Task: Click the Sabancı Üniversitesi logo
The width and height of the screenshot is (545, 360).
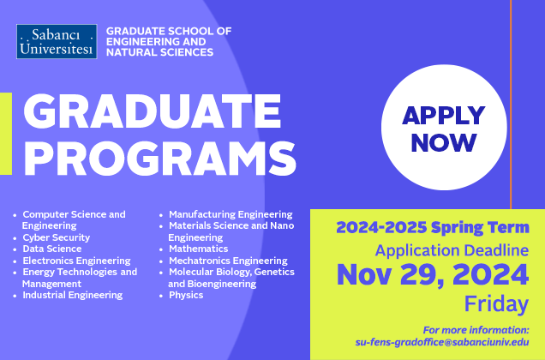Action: [x=57, y=41]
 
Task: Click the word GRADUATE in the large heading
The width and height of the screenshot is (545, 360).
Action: [x=145, y=112]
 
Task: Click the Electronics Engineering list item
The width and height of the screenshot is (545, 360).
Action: [x=76, y=261]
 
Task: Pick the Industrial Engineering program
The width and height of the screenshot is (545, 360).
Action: [x=72, y=295]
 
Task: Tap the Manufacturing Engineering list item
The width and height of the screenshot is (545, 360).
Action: [x=231, y=214]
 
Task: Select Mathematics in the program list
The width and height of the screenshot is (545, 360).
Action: [x=198, y=249]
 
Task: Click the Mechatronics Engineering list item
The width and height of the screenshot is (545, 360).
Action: [x=228, y=261]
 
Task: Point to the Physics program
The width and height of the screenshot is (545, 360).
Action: [x=186, y=295]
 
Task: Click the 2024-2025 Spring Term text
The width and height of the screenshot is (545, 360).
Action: [x=432, y=228]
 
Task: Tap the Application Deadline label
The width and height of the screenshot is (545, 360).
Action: [x=452, y=250]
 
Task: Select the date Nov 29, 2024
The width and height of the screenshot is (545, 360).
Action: [x=433, y=276]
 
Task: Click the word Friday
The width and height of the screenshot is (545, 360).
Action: [x=496, y=303]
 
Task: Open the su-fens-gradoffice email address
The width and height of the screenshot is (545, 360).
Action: [x=442, y=342]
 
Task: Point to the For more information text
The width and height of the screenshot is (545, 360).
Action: [x=476, y=330]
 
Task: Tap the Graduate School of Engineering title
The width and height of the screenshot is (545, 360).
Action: [x=169, y=41]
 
